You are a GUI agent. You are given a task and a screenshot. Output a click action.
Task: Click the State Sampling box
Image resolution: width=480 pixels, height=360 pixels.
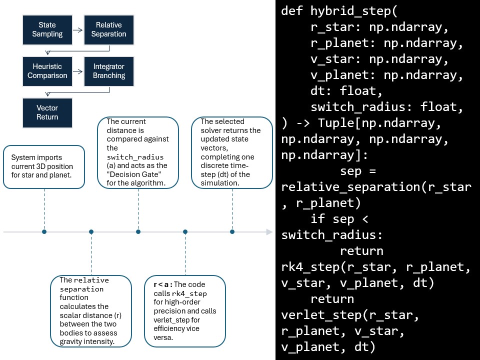coord(47,29)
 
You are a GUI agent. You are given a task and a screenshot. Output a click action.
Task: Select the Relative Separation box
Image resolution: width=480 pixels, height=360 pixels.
coord(109,29)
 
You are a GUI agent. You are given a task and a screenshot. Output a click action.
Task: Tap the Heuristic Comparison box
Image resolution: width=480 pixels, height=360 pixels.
coord(47,71)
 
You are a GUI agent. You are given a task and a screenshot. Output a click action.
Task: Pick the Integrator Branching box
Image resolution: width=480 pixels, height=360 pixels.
coord(109,71)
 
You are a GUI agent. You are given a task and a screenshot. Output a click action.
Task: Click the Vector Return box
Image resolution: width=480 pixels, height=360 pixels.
coord(47,112)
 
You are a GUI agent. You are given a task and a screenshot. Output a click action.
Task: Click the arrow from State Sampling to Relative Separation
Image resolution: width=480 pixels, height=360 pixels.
coord(78,30)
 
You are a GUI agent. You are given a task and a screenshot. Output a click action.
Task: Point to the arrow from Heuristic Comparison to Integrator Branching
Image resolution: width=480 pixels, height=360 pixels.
coord(78,71)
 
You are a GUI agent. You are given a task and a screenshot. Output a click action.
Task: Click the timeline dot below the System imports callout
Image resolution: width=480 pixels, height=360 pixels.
coord(44,231)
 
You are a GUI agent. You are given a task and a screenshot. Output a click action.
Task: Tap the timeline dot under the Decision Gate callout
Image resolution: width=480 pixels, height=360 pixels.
coord(138,231)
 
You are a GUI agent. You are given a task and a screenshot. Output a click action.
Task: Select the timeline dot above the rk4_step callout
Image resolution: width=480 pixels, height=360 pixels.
coord(185,231)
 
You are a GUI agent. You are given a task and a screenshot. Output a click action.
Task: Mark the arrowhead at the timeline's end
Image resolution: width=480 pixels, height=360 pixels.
coord(269,231)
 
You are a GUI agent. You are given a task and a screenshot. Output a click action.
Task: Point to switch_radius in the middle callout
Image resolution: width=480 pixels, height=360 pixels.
coord(135,157)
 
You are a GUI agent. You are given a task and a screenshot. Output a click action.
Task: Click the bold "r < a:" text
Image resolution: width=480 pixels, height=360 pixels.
coord(163,284)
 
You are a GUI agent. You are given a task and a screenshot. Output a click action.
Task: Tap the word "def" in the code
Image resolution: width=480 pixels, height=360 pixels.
coord(292,10)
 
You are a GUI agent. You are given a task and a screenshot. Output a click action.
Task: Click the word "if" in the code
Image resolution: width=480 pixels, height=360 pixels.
coord(318,218)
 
